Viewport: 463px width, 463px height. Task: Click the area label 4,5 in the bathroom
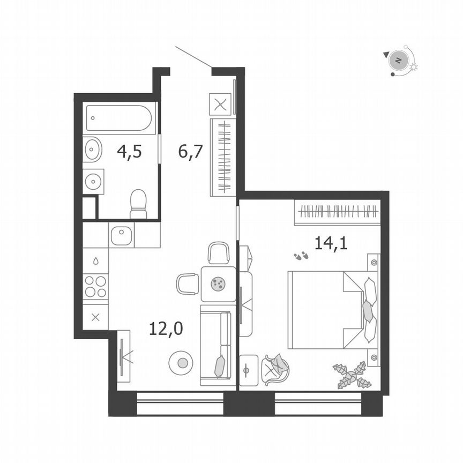[129, 152]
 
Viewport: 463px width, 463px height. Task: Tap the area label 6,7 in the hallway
[190, 152]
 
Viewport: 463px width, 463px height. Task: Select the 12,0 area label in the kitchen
[166, 328]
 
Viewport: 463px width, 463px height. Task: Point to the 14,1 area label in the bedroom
[331, 244]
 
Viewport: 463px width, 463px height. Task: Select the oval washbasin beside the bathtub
[93, 149]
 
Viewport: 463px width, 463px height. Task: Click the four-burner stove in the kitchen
[95, 286]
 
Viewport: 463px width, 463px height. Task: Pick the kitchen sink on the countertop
[122, 235]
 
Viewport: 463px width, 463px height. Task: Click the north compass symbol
[398, 60]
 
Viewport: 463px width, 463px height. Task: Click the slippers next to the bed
[301, 256]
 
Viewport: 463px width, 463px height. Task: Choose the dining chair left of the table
[187, 283]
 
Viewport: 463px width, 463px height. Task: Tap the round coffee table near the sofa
[182, 363]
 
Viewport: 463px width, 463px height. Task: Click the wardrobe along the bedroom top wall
[337, 213]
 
